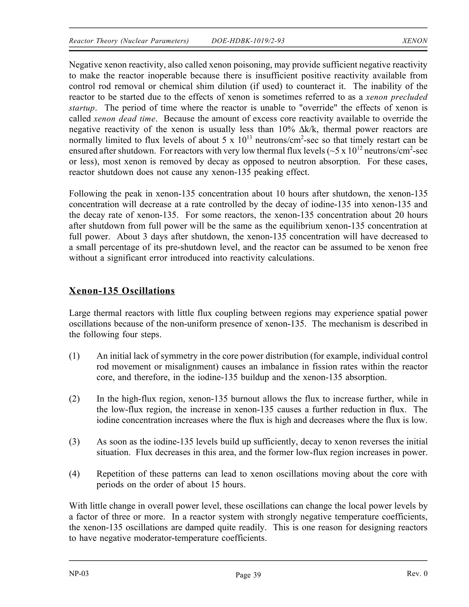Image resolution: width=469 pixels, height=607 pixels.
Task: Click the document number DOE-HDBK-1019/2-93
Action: [x=248, y=41]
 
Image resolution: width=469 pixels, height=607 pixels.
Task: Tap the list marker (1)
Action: [x=74, y=356]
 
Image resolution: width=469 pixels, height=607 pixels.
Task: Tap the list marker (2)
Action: [x=74, y=399]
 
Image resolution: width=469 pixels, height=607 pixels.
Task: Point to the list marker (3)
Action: [x=74, y=442]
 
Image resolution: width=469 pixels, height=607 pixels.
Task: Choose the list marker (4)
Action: [x=74, y=474]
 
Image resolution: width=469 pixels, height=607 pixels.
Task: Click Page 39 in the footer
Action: [x=248, y=575]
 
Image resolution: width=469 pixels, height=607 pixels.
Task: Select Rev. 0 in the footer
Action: [x=417, y=573]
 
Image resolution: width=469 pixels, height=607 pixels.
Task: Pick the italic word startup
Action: [x=82, y=108]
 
